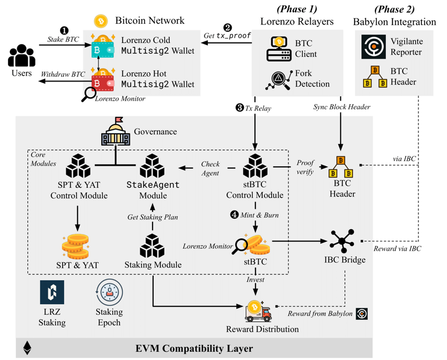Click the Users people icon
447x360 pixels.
(22, 56)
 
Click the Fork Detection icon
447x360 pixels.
(279, 81)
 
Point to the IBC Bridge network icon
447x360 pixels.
(342, 241)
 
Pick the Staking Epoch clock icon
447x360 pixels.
(109, 293)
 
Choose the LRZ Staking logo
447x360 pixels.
(52, 293)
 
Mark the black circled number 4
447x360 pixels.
(235, 215)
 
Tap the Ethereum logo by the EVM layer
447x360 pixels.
(27, 348)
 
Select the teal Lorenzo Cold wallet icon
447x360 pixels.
(103, 47)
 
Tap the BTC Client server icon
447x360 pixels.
(279, 49)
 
